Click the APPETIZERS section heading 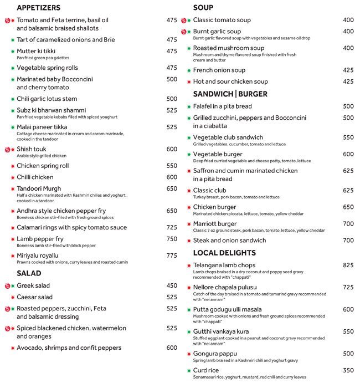[39, 8]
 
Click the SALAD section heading [29, 273]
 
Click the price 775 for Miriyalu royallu [172, 256]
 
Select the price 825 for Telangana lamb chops [348, 265]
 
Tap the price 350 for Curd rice [348, 370]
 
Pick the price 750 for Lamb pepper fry [172, 239]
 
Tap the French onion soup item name [219, 70]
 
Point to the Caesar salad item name [34, 297]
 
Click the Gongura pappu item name [215, 354]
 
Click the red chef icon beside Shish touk [8, 150]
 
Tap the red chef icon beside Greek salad [8, 286]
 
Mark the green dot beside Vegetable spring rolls [12, 68]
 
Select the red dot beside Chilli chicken [12, 177]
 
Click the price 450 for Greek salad [172, 285]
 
